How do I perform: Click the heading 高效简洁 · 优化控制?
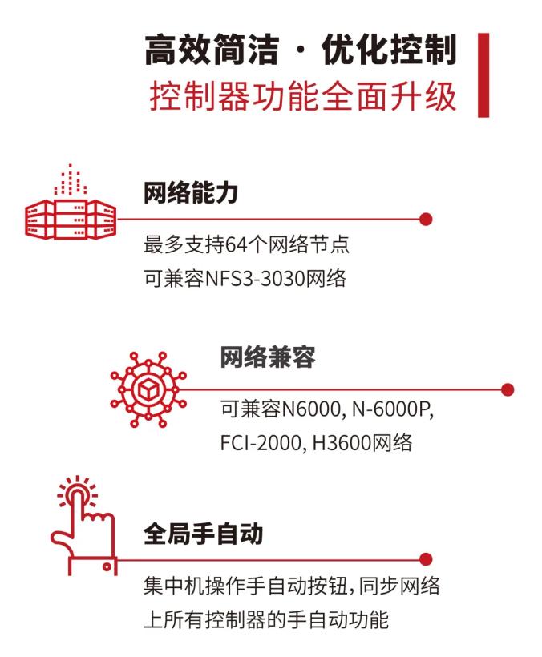300,50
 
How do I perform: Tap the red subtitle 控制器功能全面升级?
302,96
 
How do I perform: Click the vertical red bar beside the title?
483,75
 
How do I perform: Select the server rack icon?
70,202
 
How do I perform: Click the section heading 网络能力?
191,193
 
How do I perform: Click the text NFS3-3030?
255,279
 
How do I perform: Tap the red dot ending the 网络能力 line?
426,219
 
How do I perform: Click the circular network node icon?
148,389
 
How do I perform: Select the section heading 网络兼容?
268,357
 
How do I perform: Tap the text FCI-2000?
260,443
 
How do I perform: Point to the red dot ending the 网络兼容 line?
508,389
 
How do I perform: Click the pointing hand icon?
83,526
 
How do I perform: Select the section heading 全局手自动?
204,534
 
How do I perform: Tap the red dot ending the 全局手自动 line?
426,559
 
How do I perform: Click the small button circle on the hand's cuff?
107,567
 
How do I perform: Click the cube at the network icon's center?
148,390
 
